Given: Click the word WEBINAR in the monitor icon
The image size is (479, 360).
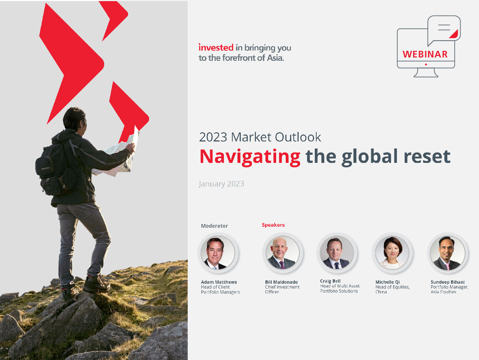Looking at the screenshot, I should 425,54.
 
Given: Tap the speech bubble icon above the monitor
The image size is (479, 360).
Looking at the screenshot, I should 444,29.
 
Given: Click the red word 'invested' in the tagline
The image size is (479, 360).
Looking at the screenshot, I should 216,48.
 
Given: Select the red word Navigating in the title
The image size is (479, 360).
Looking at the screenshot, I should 250,157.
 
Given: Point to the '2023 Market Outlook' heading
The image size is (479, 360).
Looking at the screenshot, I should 260,137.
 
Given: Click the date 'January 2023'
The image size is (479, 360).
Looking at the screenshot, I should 221,184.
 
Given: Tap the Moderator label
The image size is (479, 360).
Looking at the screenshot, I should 214,226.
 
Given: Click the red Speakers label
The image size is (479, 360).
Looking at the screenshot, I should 273,225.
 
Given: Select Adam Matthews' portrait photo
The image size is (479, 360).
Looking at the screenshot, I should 218,253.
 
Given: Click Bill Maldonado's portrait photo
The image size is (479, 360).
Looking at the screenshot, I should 282,253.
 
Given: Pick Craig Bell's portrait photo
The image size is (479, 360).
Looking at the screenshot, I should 337,253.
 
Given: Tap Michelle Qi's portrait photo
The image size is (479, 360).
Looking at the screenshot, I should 392,253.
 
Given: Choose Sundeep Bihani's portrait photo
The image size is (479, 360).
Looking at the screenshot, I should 448,253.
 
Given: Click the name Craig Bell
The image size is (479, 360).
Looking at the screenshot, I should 330,281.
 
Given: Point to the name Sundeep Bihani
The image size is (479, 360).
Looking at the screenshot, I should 447,282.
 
